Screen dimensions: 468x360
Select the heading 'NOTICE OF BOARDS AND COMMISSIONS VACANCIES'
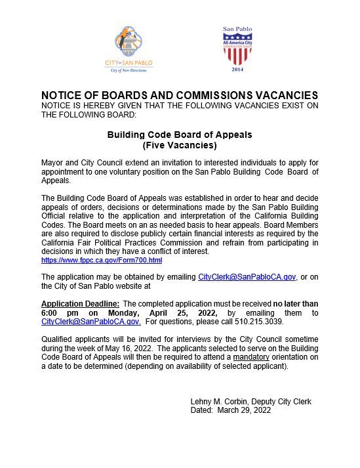(179, 95)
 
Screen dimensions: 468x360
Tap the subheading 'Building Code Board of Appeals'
(179, 135)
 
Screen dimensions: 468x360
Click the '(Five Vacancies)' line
(179, 144)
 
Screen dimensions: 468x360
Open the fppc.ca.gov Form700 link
(102, 261)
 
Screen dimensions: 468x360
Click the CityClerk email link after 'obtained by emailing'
(247, 278)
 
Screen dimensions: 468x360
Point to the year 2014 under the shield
(237, 68)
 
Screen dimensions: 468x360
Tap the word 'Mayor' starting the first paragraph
(52, 161)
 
